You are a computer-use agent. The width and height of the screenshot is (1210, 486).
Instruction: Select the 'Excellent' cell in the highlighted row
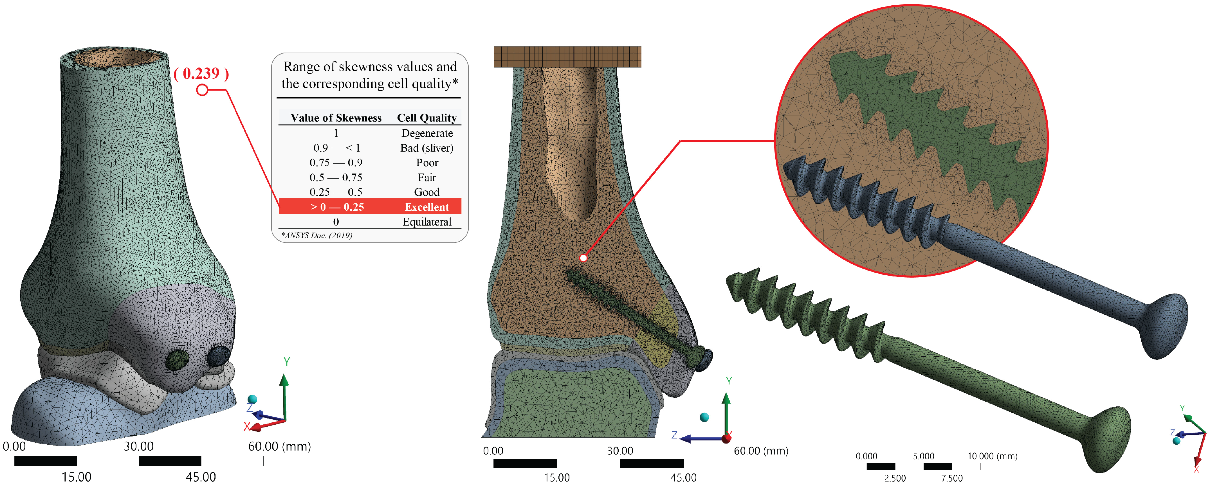(426, 207)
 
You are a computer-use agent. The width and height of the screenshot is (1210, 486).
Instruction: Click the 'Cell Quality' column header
(426, 118)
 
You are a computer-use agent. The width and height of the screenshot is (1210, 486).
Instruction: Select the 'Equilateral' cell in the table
(426, 222)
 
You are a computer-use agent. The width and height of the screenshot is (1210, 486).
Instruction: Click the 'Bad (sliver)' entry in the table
(426, 148)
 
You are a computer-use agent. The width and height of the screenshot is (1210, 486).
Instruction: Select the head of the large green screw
(1106, 439)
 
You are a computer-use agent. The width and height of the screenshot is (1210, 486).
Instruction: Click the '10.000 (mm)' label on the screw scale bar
(992, 456)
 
